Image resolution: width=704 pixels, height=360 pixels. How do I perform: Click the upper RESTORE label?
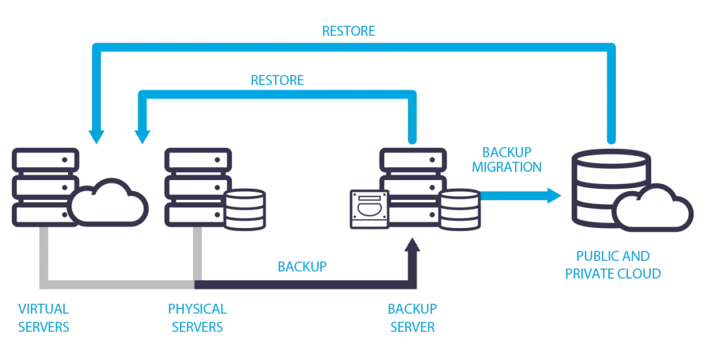[x=349, y=31]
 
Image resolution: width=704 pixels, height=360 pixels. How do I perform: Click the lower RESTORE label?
[x=278, y=80]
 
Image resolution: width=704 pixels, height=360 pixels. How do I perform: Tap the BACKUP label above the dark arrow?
[x=301, y=265]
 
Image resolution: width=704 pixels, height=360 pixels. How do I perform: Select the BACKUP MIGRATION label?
[x=512, y=159]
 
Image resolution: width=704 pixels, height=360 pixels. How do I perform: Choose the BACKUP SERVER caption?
[x=413, y=319]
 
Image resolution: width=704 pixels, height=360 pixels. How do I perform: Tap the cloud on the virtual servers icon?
[x=107, y=200]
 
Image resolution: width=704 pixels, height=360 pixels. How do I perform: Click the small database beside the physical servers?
[x=245, y=210]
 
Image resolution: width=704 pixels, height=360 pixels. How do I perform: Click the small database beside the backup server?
[x=459, y=209]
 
